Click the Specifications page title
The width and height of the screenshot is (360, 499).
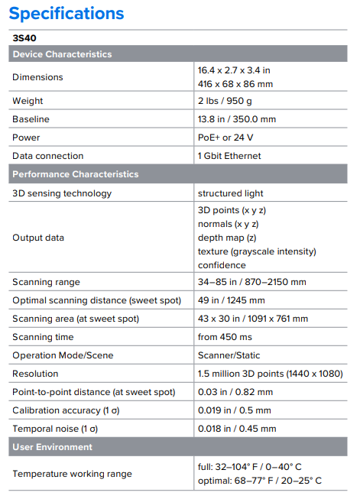[x=66, y=13]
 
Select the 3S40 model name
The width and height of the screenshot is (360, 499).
[x=24, y=37]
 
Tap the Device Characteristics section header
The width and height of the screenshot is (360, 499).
[x=62, y=54]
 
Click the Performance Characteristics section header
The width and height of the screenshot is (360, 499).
[x=75, y=174]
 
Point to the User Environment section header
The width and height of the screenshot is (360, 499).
[x=52, y=446]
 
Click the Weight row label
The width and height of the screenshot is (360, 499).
[x=28, y=101]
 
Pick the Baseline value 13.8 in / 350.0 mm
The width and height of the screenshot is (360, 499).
[x=237, y=119]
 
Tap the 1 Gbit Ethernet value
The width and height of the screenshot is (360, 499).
[x=229, y=156]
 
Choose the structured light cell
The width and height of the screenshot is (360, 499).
[x=230, y=193]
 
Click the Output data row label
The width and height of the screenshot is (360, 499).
[x=38, y=238]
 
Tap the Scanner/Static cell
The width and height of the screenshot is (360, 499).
[x=229, y=355]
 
